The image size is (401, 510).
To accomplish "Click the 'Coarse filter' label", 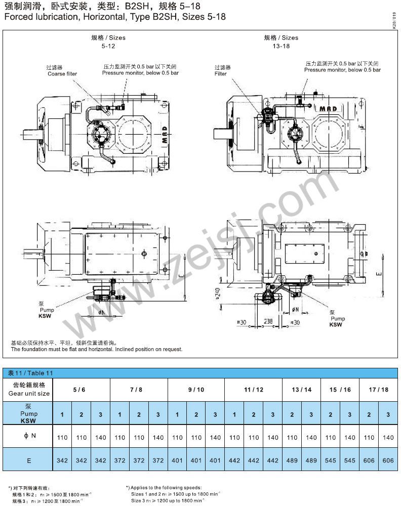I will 62,74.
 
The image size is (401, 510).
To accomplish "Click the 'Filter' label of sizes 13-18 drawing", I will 221,74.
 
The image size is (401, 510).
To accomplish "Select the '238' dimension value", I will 268,321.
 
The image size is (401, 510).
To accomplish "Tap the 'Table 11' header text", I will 30,373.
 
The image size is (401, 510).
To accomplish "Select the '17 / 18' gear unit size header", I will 379,390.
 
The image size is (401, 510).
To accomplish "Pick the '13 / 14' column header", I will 302,390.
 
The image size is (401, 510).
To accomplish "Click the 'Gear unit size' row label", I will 29,393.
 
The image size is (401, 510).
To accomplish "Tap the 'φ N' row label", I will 29,437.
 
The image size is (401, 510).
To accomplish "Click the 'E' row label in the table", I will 29,460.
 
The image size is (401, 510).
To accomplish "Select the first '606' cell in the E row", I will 369,460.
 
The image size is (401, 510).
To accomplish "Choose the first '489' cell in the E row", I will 292,460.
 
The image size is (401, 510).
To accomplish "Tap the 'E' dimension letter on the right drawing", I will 379,273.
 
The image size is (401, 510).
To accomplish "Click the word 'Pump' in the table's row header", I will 29,414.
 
